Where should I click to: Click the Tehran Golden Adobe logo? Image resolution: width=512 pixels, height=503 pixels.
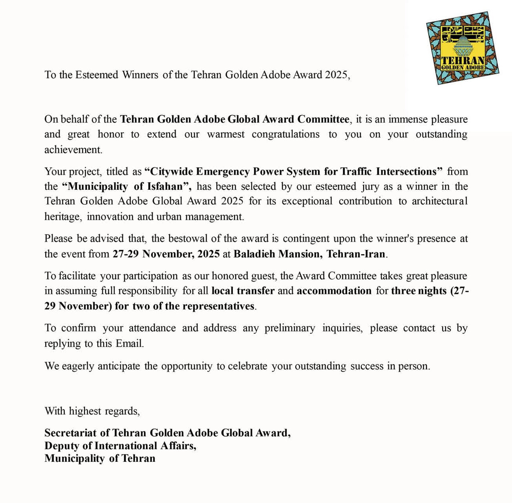pos(463,48)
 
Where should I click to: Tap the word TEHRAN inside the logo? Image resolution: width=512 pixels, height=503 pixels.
pos(463,61)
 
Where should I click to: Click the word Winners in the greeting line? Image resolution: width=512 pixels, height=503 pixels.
pos(140,75)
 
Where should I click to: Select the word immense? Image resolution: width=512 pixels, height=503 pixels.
pos(408,119)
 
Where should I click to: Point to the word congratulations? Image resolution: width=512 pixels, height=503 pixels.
pos(286,134)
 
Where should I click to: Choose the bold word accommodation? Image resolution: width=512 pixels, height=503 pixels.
pos(334,291)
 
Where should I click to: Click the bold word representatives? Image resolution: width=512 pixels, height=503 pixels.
pos(218,306)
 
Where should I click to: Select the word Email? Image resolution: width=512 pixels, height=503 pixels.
pos(129,344)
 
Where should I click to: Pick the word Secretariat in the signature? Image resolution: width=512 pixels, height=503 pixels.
pos(70,433)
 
